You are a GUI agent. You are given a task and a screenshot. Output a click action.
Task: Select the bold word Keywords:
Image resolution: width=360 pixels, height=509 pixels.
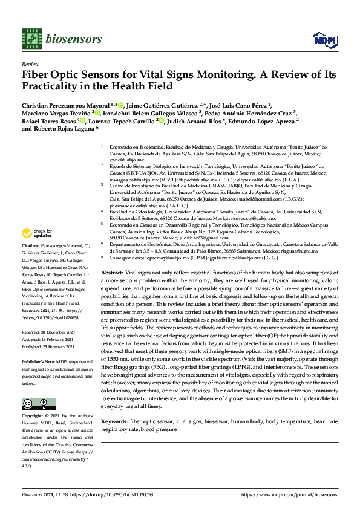[114, 420]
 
